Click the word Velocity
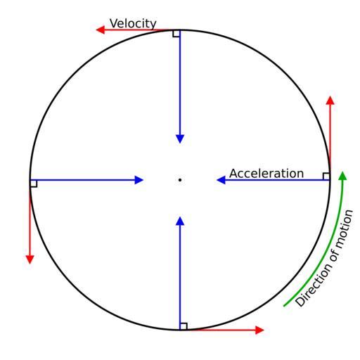pos(133,24)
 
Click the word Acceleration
pos(266,174)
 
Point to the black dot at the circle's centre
pos(180,180)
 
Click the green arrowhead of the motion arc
pos(342,176)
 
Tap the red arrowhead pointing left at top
pos(101,30)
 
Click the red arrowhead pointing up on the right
pos(330,101)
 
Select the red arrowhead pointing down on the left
pos(30,259)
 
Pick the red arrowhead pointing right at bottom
pos(259,330)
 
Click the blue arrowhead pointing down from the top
pos(180,139)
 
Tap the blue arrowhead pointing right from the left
pos(139,180)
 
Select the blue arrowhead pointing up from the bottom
pos(180,221)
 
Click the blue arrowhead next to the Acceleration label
pos(221,180)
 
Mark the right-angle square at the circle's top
pos(176,34)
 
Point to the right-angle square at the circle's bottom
pos(184,326)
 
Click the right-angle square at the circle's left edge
pos(34,184)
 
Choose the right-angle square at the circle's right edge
pos(326,176)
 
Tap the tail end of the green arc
pos(284,306)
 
